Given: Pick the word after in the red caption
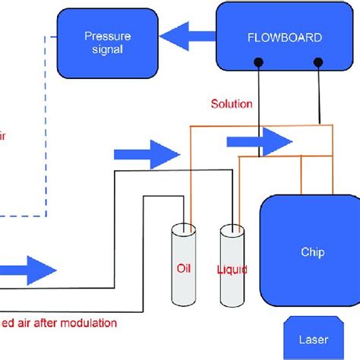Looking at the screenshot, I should pos(48,322).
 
